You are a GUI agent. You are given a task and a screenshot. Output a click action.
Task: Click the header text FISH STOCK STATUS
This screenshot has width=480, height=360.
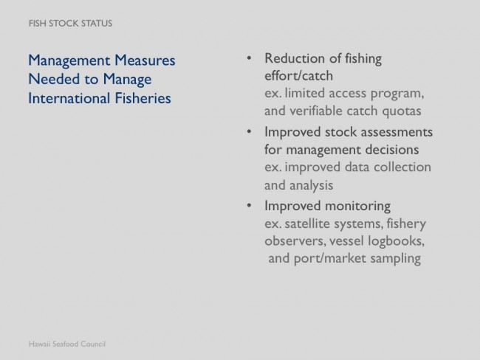click(x=70, y=24)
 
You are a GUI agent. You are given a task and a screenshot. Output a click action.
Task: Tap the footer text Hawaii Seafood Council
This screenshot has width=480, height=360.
click(x=67, y=344)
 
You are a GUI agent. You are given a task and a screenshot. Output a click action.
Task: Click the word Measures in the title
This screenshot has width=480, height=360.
click(x=145, y=60)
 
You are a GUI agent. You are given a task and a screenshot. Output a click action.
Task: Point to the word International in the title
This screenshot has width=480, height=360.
click(x=69, y=98)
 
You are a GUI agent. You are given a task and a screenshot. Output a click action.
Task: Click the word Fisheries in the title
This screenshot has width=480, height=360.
click(x=143, y=98)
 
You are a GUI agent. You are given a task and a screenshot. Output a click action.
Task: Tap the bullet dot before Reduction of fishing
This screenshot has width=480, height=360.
click(x=249, y=58)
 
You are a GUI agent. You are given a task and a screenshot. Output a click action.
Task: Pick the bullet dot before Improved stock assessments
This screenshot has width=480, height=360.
click(x=249, y=131)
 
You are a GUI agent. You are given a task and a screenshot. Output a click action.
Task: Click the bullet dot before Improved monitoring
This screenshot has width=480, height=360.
click(x=249, y=205)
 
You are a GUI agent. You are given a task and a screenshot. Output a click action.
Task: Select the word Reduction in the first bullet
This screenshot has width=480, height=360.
click(x=294, y=58)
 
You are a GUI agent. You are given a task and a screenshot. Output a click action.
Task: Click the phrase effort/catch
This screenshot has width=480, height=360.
click(x=299, y=76)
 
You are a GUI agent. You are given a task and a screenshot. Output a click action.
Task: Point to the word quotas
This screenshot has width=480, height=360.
click(x=402, y=111)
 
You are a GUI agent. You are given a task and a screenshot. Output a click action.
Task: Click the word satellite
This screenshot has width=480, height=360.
click(x=307, y=224)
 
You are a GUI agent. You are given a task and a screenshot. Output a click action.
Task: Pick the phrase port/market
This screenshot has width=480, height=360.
click(x=330, y=258)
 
